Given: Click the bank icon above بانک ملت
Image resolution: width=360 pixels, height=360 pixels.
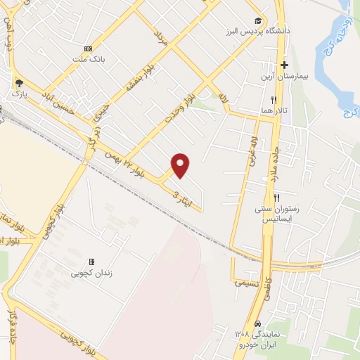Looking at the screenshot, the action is [x=88, y=49].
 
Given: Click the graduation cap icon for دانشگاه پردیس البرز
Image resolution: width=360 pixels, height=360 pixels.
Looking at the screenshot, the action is [x=258, y=22].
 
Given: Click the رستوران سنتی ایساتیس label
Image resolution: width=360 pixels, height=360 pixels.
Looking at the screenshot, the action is [x=276, y=214].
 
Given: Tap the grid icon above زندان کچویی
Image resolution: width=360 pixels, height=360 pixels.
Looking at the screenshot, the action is [x=91, y=262].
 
